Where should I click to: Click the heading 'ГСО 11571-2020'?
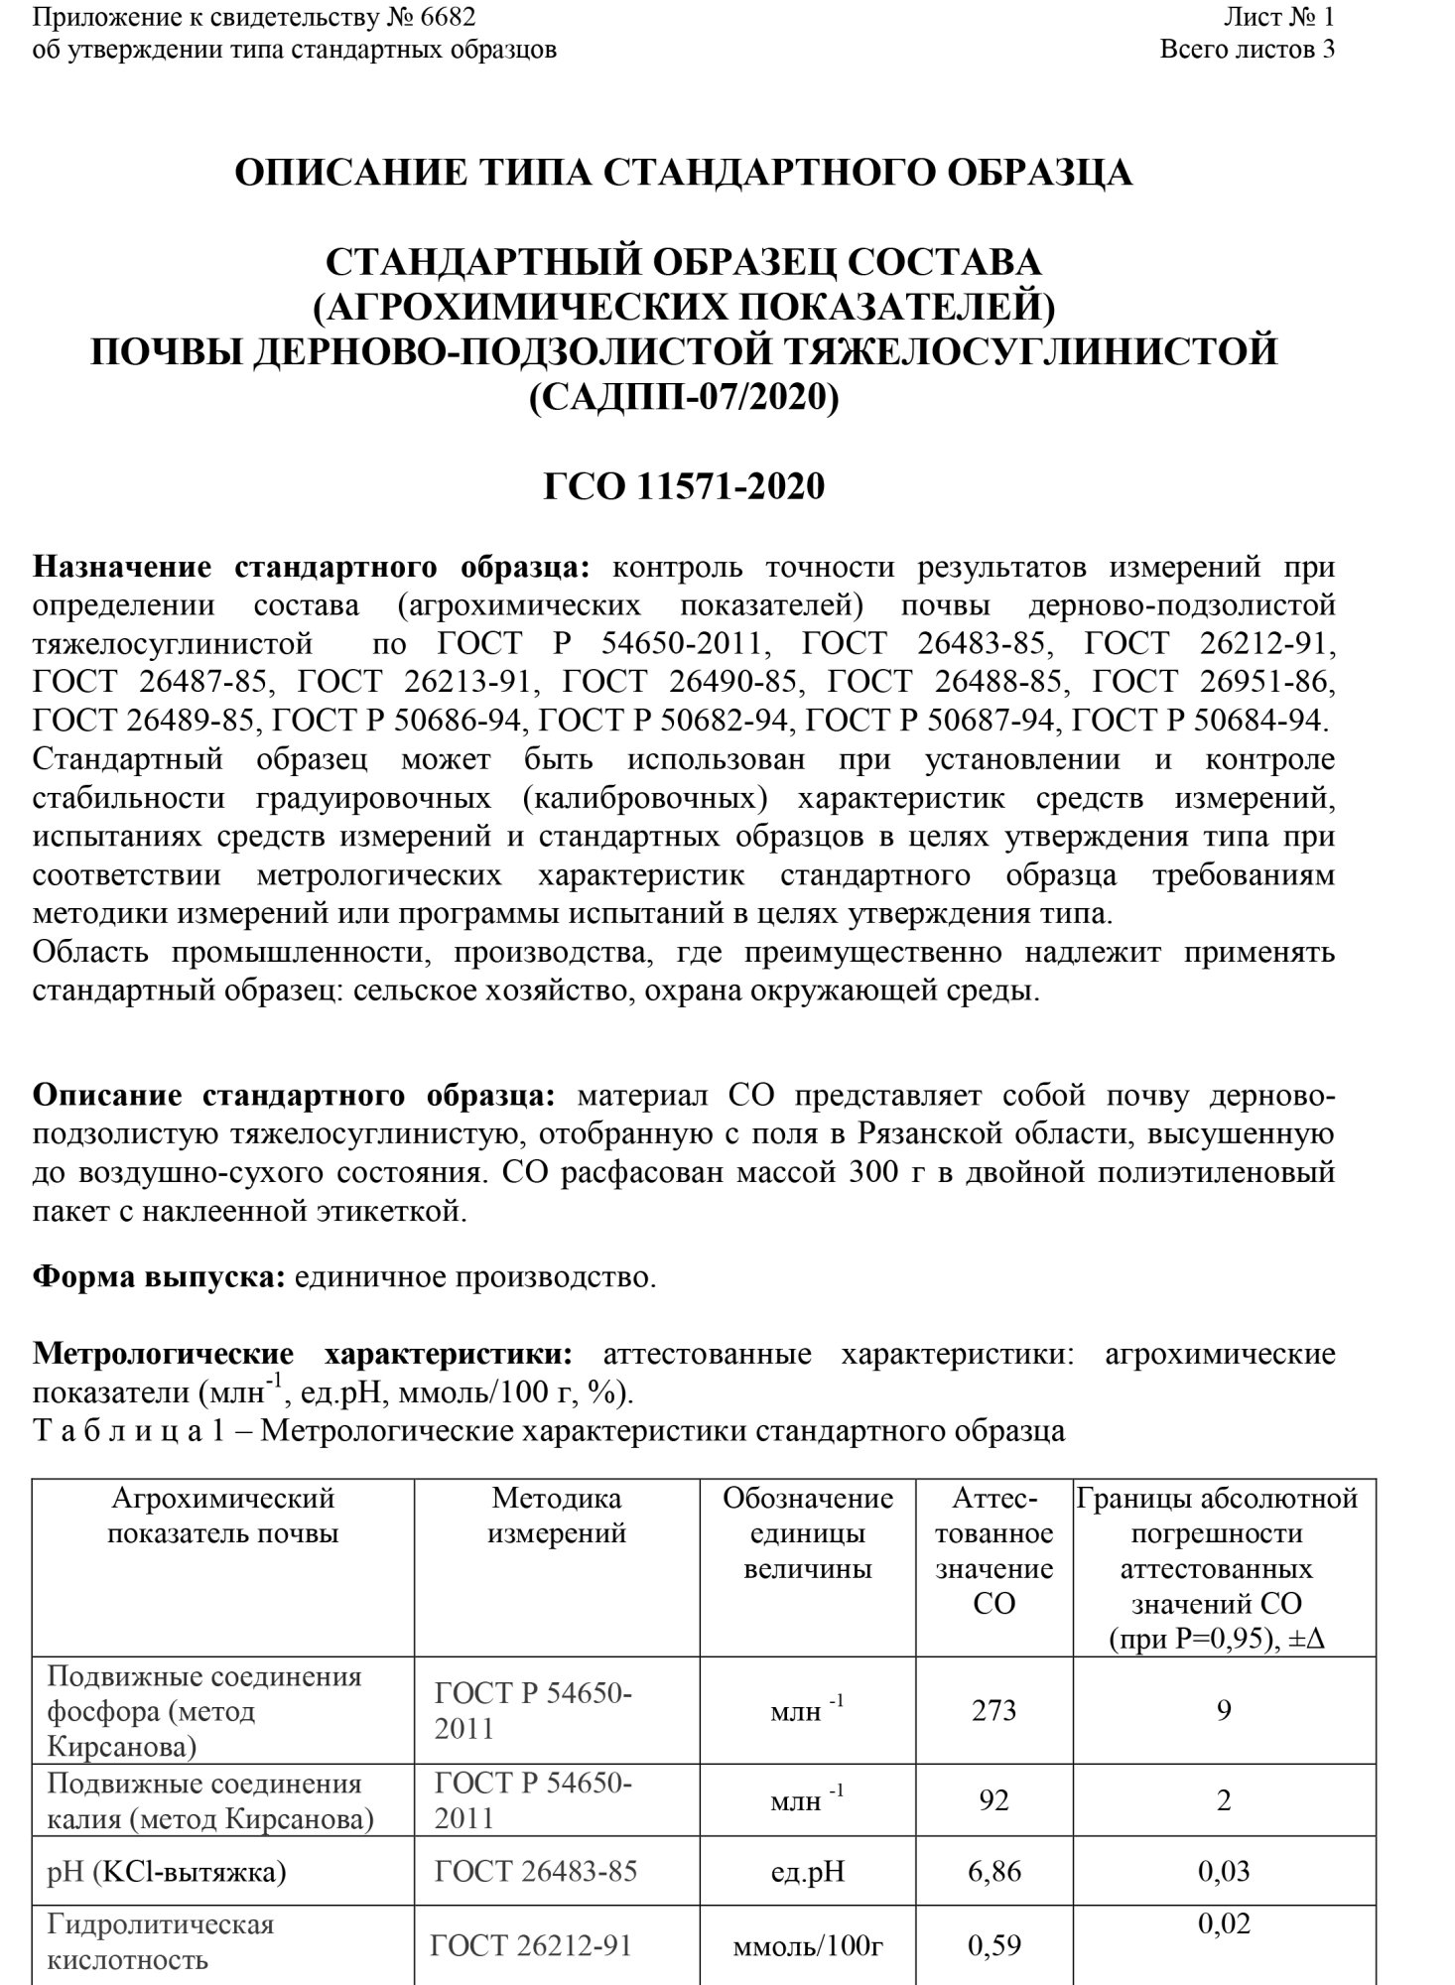[684, 487]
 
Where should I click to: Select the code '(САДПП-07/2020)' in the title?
[684, 397]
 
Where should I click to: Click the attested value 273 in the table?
[993, 1710]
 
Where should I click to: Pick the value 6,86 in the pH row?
[993, 1872]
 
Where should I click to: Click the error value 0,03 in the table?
[1224, 1872]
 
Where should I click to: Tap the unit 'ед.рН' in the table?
[807, 1872]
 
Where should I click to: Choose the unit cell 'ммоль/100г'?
[807, 1946]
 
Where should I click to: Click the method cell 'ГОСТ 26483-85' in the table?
[536, 1872]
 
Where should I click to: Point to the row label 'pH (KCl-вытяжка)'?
[167, 1872]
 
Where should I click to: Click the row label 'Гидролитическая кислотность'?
[160, 1943]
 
